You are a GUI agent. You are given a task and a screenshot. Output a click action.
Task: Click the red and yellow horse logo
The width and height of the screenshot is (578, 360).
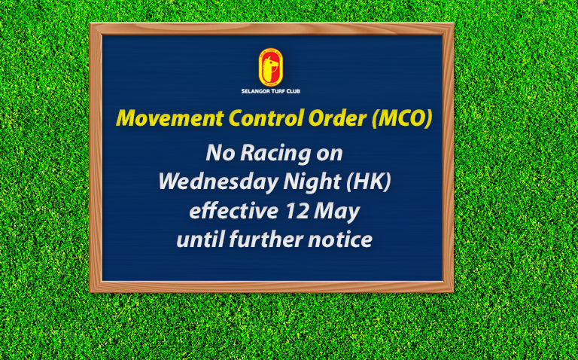pyautogui.click(x=271, y=67)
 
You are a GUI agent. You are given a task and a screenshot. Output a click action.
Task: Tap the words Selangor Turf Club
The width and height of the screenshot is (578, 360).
pyautogui.click(x=271, y=91)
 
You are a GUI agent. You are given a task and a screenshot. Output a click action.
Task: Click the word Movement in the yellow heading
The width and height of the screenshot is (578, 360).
pyautogui.click(x=170, y=118)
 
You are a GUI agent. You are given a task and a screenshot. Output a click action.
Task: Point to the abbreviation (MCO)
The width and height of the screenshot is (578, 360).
pyautogui.click(x=402, y=119)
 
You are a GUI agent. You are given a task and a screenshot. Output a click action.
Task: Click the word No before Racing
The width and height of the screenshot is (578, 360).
pyautogui.click(x=221, y=153)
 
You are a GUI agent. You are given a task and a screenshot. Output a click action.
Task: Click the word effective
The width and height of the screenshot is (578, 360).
pyautogui.click(x=234, y=212)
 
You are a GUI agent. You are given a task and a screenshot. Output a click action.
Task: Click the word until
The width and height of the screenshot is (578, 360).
pyautogui.click(x=200, y=239)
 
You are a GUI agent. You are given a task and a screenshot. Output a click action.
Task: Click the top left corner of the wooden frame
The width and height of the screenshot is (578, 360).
pyautogui.click(x=90, y=23)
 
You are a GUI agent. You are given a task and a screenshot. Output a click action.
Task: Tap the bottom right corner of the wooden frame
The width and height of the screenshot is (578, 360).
pyautogui.click(x=453, y=292)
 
